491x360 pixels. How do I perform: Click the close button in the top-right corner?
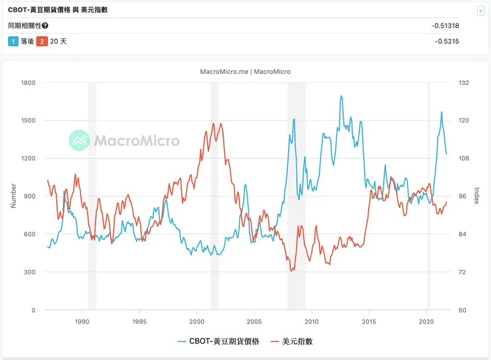tap(480, 11)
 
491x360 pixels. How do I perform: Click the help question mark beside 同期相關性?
tap(45, 26)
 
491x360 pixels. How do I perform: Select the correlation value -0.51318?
tap(445, 26)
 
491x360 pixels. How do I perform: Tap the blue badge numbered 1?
tap(13, 41)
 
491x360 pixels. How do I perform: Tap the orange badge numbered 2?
tap(42, 41)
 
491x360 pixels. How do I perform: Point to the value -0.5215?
tap(447, 41)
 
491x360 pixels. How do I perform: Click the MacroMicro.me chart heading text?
tap(245, 72)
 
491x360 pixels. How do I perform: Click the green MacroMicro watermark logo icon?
tap(80, 140)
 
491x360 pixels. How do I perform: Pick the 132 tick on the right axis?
tap(464, 83)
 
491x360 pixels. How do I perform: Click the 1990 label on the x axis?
tap(82, 321)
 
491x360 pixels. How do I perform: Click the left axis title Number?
tap(13, 196)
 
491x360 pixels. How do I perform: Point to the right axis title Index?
tap(477, 196)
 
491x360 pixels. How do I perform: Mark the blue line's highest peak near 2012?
tap(341, 95)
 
